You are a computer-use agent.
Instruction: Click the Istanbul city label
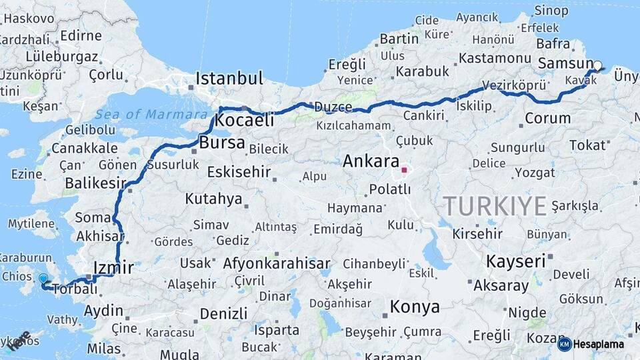pos(229,78)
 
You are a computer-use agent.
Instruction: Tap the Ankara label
pos(371,161)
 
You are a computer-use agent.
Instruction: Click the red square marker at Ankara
pos(404,170)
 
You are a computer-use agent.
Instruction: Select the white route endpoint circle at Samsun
pos(597,65)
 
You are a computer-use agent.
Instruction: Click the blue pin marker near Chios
pos(43,279)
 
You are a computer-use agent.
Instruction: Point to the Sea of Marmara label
pos(151,114)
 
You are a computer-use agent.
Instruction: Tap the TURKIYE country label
pos(495,205)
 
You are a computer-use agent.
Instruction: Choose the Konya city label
pos(415,307)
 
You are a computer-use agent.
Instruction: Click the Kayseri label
pos(515,261)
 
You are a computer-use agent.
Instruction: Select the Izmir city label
pos(113,267)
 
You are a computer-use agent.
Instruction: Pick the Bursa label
pos(222,143)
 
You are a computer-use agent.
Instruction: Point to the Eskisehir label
pos(239,172)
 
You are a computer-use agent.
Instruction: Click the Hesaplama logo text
pos(599,344)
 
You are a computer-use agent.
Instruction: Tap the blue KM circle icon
pos(564,344)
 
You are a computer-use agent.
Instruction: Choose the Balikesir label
pos(96,182)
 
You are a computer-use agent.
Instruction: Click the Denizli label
pos(223,313)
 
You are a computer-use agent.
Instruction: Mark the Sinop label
pos(552,10)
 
